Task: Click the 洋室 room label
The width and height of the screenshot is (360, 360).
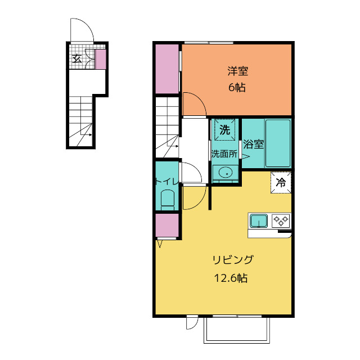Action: pos(237,71)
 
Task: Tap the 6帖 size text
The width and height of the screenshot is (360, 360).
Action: pos(237,88)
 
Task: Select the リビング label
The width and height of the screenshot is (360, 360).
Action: pos(233,260)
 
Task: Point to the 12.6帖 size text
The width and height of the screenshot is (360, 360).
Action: pos(231,278)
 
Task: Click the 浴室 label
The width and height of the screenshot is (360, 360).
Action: pos(253,144)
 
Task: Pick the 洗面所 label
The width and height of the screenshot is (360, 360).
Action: pos(224,154)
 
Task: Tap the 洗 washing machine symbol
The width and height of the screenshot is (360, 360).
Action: pos(225,130)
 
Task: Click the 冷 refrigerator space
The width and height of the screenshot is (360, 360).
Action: pos(281,182)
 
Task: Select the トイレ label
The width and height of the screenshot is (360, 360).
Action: pos(167,182)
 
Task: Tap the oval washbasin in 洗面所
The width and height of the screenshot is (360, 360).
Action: pos(226,172)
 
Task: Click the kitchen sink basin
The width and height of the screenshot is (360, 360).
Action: pos(259,221)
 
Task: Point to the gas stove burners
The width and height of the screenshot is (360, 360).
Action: pos(281,220)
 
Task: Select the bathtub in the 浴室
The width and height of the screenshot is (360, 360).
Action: pos(278,143)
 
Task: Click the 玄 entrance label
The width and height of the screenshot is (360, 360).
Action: pos(77,59)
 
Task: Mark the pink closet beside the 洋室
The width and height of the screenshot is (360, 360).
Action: pos(167,69)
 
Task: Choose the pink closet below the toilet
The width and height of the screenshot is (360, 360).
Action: pos(167,226)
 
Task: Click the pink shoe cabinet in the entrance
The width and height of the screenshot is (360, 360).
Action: pos(101,59)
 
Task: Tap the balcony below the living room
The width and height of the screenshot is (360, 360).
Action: pos(237,330)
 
